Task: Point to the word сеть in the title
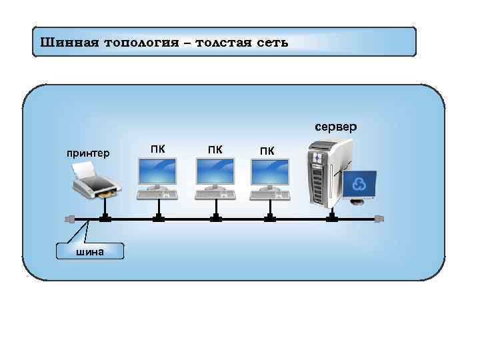[273, 43]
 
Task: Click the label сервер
[336, 126]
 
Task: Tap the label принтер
[88, 153]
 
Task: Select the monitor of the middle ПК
[215, 173]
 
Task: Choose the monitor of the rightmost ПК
[269, 173]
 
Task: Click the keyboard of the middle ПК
[215, 194]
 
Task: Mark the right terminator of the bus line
[380, 219]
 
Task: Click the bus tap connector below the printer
[105, 218]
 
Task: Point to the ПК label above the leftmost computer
[158, 149]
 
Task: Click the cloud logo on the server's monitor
[358, 185]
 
